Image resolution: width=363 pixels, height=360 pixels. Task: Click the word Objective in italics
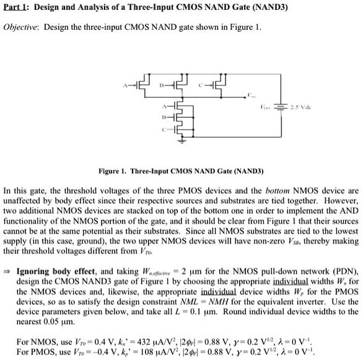(22, 29)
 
